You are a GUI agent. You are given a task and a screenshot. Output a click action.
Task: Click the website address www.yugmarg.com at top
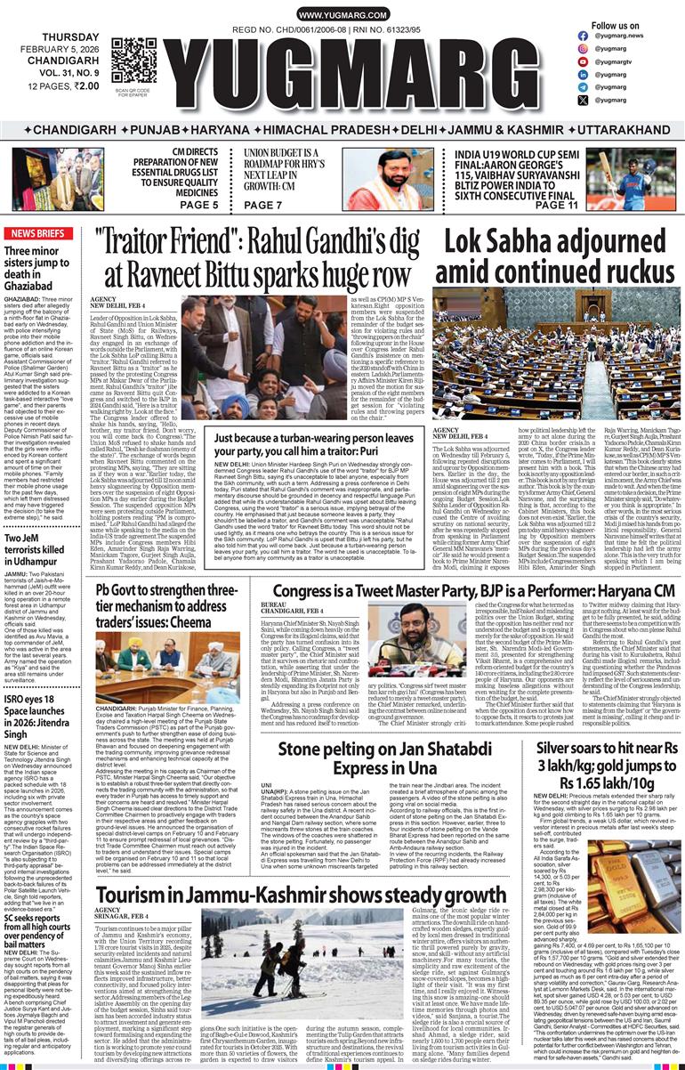pyautogui.click(x=342, y=15)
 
